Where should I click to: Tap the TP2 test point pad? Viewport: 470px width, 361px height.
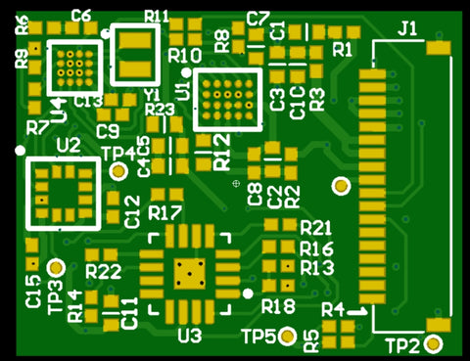tap(434, 343)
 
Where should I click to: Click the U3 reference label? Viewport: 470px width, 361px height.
tap(189, 336)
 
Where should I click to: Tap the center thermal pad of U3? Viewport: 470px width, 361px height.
tap(189, 275)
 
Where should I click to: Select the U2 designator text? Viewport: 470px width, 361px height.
tap(69, 145)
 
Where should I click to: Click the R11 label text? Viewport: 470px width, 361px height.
tap(156, 16)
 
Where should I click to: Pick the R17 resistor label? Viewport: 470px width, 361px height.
tap(165, 212)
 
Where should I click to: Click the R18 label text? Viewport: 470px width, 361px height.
tap(278, 307)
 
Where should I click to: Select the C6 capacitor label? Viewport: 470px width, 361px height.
tap(81, 16)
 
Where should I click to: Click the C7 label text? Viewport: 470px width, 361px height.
tap(258, 17)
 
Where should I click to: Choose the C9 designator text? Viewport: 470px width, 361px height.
tap(108, 131)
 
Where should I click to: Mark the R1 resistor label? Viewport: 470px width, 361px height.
tap(343, 48)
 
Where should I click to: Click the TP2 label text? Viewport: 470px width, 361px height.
tap(401, 345)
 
